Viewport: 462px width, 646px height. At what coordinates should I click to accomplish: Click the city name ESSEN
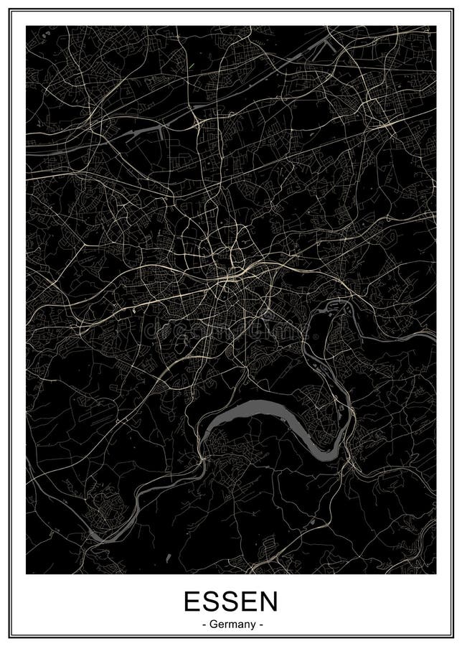pyautogui.click(x=231, y=601)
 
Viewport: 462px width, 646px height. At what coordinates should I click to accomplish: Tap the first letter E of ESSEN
pyautogui.click(x=192, y=601)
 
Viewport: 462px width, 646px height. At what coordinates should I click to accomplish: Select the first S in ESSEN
pyautogui.click(x=212, y=601)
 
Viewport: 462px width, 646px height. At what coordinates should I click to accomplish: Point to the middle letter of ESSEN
pyautogui.click(x=231, y=601)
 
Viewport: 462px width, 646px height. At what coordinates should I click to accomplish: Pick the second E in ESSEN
pyautogui.click(x=250, y=601)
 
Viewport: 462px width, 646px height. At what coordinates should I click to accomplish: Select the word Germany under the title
pyautogui.click(x=231, y=624)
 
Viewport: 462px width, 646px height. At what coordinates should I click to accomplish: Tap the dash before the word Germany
pyautogui.click(x=204, y=624)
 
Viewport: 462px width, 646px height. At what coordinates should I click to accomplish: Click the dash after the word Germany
pyautogui.click(x=260, y=624)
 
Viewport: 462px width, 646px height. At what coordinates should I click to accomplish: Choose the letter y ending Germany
pyautogui.click(x=253, y=625)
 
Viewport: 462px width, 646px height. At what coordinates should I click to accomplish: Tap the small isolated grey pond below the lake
pyautogui.click(x=169, y=557)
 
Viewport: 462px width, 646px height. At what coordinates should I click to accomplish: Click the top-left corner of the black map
pyautogui.click(x=27, y=27)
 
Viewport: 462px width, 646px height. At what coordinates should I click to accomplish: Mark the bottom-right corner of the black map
pyautogui.click(x=435, y=574)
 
